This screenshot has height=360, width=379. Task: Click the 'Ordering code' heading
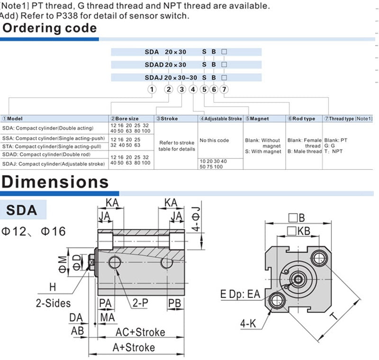pyautogui.click(x=50, y=28)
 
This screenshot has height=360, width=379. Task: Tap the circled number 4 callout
pyautogui.click(x=193, y=90)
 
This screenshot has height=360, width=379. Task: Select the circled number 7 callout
pyautogui.click(x=224, y=90)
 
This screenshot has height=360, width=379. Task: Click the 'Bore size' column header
pyautogui.click(x=125, y=119)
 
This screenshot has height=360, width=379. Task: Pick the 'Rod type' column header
pyautogui.click(x=301, y=119)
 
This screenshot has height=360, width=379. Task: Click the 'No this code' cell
pyautogui.click(x=214, y=140)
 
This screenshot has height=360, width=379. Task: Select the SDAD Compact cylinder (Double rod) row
pyautogui.click(x=46, y=154)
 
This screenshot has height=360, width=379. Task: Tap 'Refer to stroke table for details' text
pyautogui.click(x=177, y=146)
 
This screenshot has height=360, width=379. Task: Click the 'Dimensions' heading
pyautogui.click(x=55, y=182)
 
